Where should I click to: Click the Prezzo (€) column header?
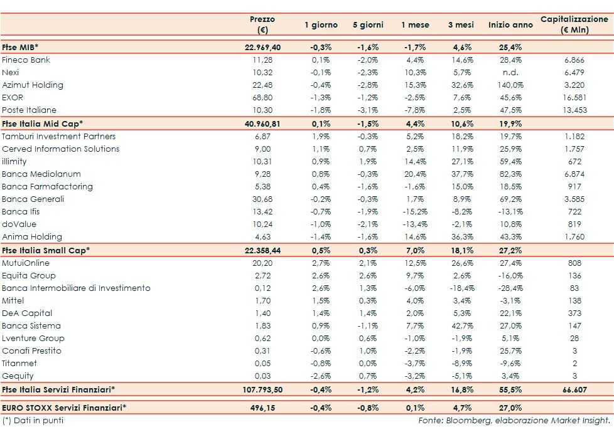tap(262, 24)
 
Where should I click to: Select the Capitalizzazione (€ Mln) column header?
tap(574, 24)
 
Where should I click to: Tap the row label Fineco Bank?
tap(26, 60)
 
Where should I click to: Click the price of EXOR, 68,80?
tap(262, 98)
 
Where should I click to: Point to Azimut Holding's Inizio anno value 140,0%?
tap(509, 85)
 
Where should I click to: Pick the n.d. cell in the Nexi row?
tap(509, 73)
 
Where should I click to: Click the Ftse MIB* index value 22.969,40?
tap(262, 48)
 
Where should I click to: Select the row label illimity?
tap(14, 162)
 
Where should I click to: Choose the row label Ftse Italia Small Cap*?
tap(46, 250)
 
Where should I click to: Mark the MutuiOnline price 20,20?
tap(262, 263)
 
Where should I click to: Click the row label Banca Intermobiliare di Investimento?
tap(76, 288)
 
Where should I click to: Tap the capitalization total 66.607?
tap(574, 389)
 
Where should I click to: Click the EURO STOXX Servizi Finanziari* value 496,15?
tap(262, 408)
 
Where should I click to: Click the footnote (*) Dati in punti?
tap(33, 420)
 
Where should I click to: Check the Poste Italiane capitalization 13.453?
tap(574, 110)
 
